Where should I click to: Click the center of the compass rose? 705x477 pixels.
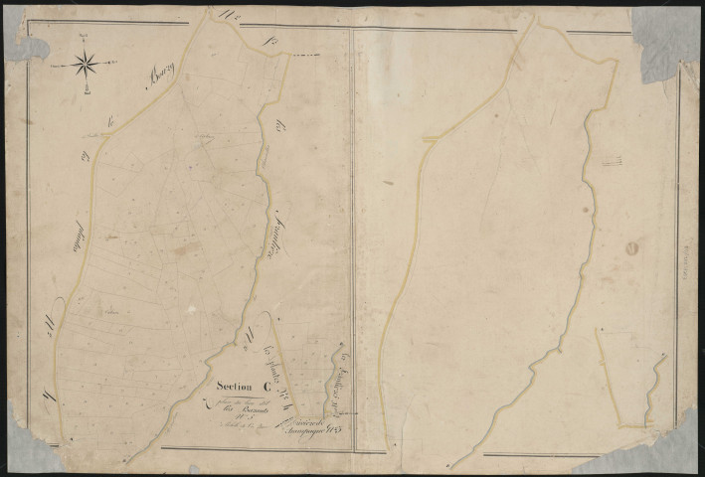click(x=86, y=64)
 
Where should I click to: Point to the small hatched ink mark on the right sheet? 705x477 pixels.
click(x=615, y=158)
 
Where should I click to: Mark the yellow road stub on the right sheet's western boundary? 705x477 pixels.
click(x=430, y=141)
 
